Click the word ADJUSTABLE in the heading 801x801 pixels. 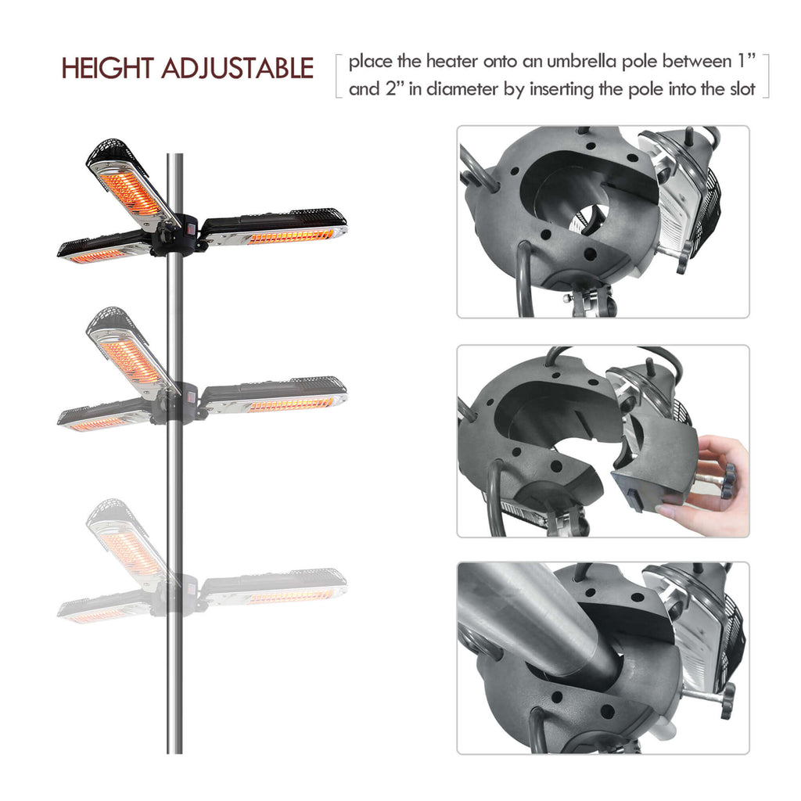(236, 69)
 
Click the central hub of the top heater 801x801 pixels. (178, 233)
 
